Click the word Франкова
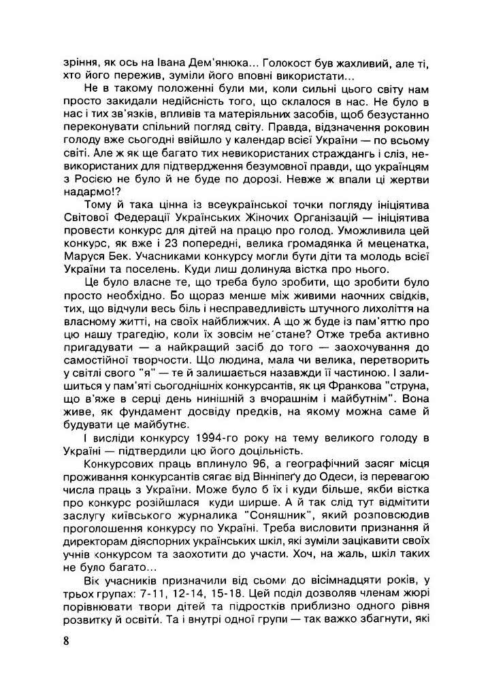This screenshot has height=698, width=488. [347, 402]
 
